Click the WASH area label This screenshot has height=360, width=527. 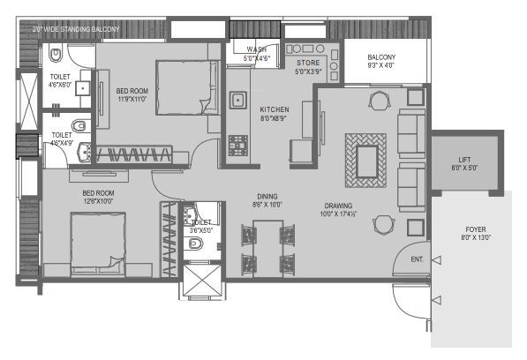coord(257,54)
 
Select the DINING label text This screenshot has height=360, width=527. coord(267,200)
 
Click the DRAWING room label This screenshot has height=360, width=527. coord(340,209)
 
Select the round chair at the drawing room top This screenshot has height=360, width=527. coord(378,101)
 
